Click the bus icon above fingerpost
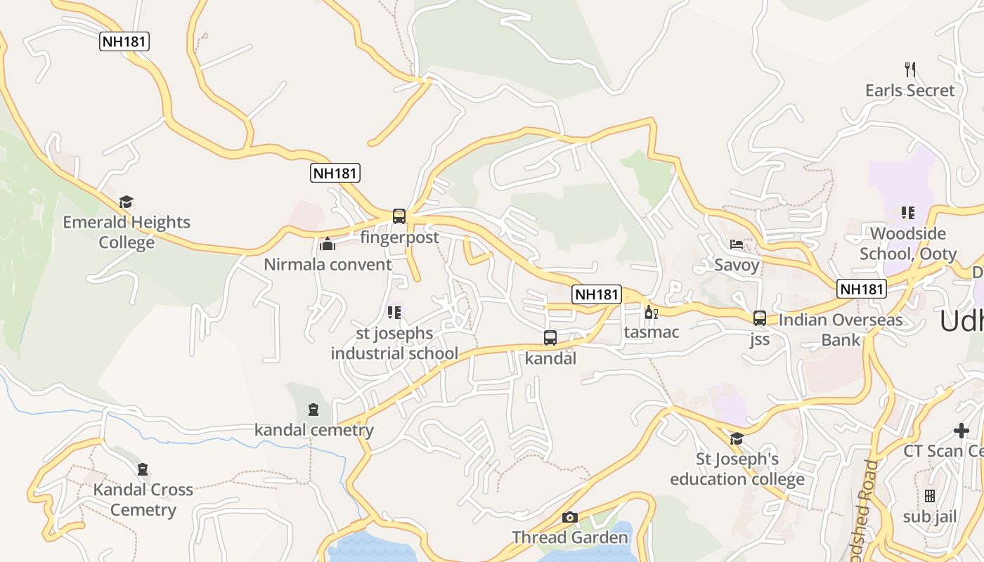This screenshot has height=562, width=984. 399,216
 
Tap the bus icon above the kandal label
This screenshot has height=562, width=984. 550,338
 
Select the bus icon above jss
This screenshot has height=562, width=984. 760,318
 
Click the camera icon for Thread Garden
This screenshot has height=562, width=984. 570,518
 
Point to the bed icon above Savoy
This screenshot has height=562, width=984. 737,244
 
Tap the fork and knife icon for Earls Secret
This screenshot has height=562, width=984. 910,70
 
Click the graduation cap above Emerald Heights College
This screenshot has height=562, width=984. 127,202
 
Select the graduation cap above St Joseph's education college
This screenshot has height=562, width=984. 737,439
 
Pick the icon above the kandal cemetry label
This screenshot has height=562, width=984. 313,410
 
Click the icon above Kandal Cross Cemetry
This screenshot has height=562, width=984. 143,469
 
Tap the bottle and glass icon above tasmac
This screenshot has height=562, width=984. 651,312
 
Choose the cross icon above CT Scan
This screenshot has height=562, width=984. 962,430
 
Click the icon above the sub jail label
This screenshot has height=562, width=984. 930,497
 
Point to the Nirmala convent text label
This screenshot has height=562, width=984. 328,265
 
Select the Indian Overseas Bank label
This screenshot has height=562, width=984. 841,330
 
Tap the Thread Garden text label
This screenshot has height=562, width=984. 570,538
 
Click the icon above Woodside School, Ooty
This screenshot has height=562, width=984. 908,213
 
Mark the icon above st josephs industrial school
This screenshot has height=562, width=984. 394,313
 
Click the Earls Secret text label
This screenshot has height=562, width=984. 910,91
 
